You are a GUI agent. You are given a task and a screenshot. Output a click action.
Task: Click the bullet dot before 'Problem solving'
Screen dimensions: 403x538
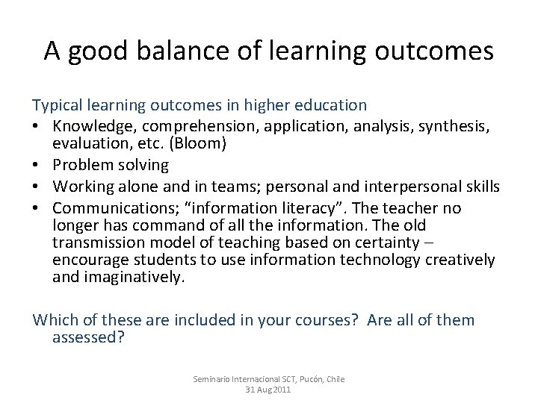tap(38, 164)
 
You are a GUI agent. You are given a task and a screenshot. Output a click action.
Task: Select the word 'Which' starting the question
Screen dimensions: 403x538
tap(52, 320)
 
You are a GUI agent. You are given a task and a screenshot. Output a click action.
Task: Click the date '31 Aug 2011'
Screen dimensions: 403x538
tap(268, 390)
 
